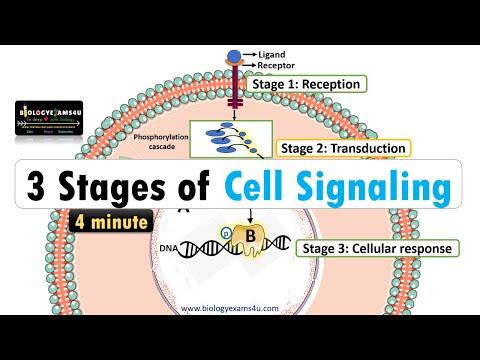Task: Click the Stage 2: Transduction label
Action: (329, 148)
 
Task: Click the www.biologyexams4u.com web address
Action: (240, 309)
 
